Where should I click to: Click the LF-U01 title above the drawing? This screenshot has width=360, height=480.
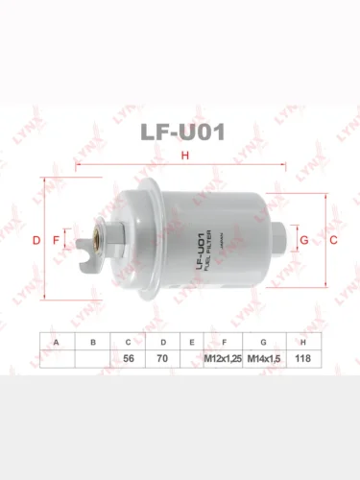[182, 132]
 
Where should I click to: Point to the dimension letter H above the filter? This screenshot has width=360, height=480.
[185, 156]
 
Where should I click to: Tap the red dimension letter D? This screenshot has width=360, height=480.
[36, 240]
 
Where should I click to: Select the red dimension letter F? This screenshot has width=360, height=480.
[57, 240]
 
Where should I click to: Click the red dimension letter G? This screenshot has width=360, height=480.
[304, 240]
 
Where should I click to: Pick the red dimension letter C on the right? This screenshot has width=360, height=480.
[333, 240]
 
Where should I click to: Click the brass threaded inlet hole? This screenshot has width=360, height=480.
[96, 237]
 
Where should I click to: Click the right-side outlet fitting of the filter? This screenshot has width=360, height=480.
[281, 238]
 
